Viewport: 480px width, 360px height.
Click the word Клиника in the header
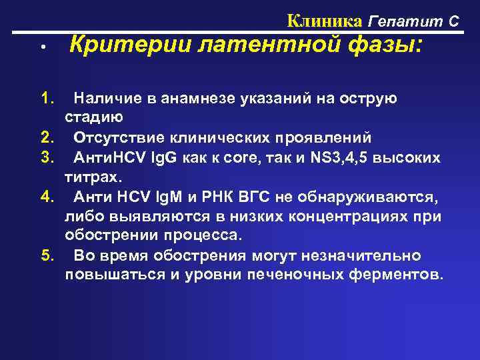[x=325, y=21]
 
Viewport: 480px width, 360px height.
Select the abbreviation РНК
[x=236, y=197]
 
